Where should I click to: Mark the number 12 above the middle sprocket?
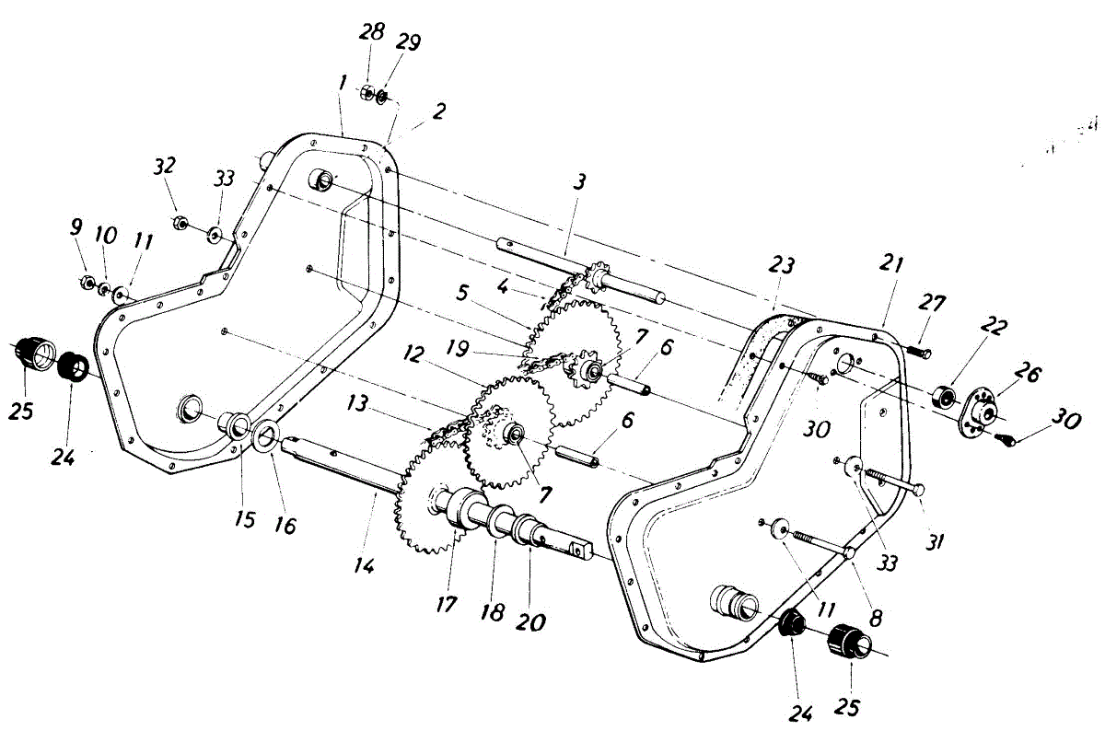pyautogui.click(x=413, y=354)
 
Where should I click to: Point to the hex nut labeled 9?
pyautogui.click(x=85, y=283)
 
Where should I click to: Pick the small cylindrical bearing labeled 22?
pyautogui.click(x=942, y=398)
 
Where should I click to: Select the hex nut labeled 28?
pyautogui.click(x=365, y=92)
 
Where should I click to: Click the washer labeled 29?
pyautogui.click(x=382, y=96)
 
